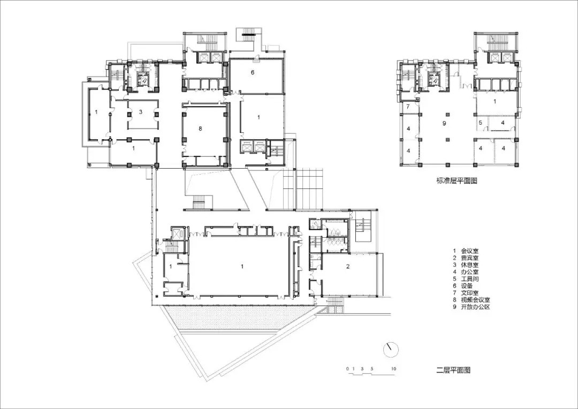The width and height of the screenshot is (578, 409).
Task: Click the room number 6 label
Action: click(x=253, y=72)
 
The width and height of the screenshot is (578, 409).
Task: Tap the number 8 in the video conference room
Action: click(x=200, y=128)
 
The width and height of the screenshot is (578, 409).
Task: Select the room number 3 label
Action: click(x=140, y=112)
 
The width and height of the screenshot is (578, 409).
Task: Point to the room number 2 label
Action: click(x=348, y=266)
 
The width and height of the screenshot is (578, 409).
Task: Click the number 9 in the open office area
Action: click(x=444, y=123)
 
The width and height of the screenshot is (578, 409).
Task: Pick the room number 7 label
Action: click(x=408, y=107)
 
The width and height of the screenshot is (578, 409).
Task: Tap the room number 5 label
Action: click(x=480, y=123)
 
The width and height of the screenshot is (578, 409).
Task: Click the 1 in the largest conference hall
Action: click(x=242, y=266)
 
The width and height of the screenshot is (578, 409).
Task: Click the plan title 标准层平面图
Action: click(x=457, y=181)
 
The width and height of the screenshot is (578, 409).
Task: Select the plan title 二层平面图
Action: click(x=453, y=370)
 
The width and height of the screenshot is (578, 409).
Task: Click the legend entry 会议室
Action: click(x=470, y=251)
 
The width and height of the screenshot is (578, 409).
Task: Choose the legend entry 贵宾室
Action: click(x=470, y=258)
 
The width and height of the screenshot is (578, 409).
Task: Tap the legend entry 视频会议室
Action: click(x=476, y=300)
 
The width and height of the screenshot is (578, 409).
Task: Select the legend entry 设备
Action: click(x=467, y=286)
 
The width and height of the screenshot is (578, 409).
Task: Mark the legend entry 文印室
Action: click(x=470, y=293)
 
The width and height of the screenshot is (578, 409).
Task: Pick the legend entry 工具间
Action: click(x=470, y=279)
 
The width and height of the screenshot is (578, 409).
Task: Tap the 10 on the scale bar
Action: click(x=394, y=368)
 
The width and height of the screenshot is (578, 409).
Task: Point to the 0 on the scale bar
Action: click(x=347, y=368)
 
